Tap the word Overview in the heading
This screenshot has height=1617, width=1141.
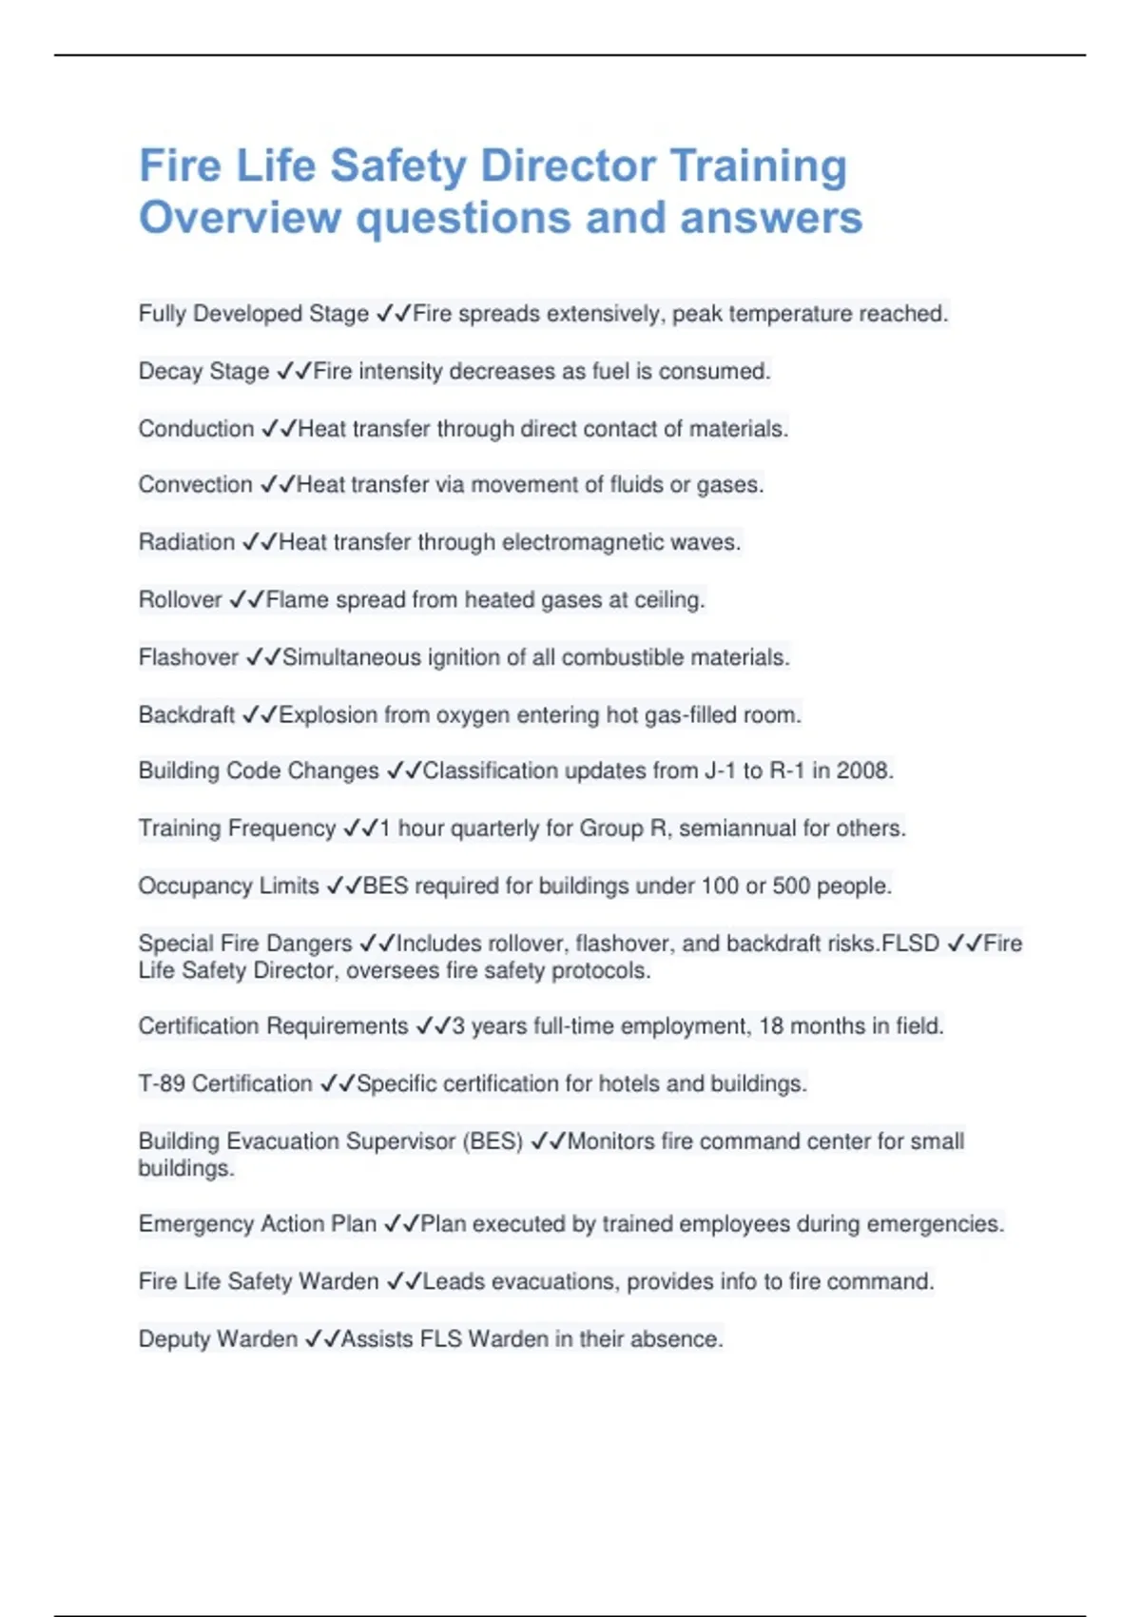[x=240, y=218]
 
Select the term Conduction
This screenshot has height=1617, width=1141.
[x=196, y=429]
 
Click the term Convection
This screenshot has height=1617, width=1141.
[x=195, y=485]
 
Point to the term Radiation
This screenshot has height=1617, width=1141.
[x=186, y=542]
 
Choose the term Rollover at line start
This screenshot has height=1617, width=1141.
[x=180, y=600]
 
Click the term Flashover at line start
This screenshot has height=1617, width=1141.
[x=188, y=657]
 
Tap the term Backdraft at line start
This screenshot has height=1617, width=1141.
[x=186, y=715]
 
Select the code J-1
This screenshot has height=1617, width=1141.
[x=720, y=770]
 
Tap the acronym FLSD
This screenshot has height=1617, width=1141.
[x=911, y=944]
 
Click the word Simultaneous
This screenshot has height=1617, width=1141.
[x=351, y=657]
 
